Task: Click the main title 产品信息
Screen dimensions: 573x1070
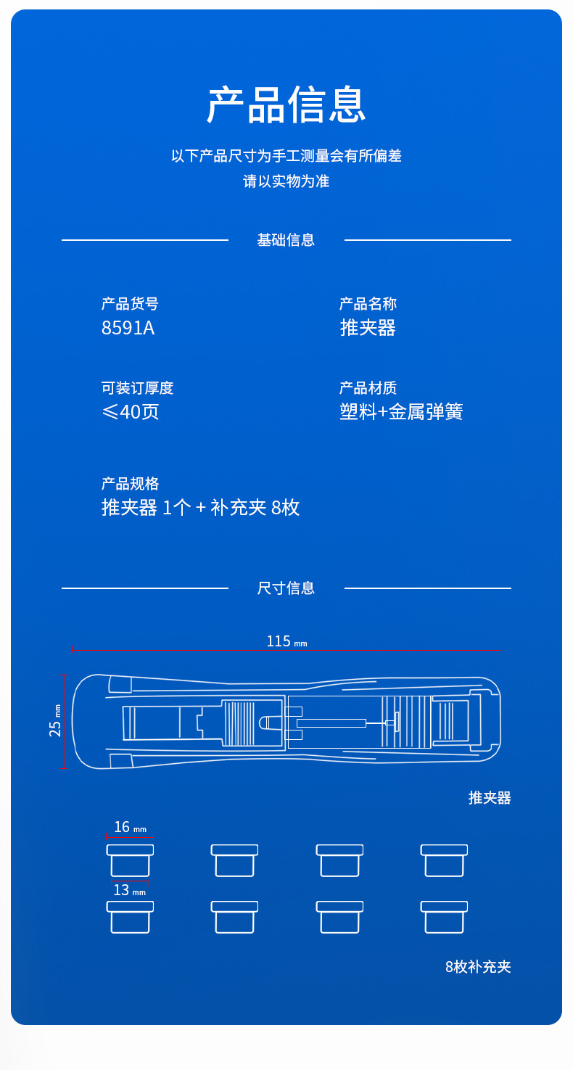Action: coord(286,104)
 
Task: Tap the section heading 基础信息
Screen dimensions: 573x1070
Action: coord(286,240)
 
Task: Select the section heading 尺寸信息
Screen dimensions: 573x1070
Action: coord(286,588)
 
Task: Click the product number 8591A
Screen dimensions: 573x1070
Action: coord(128,328)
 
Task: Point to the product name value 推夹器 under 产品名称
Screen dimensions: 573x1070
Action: coord(368,328)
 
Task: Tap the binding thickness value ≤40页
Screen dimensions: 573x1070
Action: coord(131,412)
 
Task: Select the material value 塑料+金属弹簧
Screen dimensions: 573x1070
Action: coord(401,412)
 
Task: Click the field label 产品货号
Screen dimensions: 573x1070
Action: coord(130,304)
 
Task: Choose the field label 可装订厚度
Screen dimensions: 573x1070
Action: coord(137,388)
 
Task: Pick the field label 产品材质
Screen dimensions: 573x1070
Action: coord(368,388)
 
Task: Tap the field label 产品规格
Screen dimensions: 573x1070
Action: coord(130,484)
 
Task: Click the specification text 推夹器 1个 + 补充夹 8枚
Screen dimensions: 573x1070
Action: coord(200,508)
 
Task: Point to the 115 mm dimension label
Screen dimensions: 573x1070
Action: coord(286,641)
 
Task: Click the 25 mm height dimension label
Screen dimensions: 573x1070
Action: coord(56,720)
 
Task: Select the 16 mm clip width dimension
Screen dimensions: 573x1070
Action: coord(130,828)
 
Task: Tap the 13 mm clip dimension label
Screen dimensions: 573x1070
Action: coord(130,890)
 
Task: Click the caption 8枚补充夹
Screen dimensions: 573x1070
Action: coord(478,967)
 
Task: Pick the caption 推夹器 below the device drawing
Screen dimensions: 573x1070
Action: coord(490,798)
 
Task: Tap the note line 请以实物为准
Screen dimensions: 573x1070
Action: coord(286,181)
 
